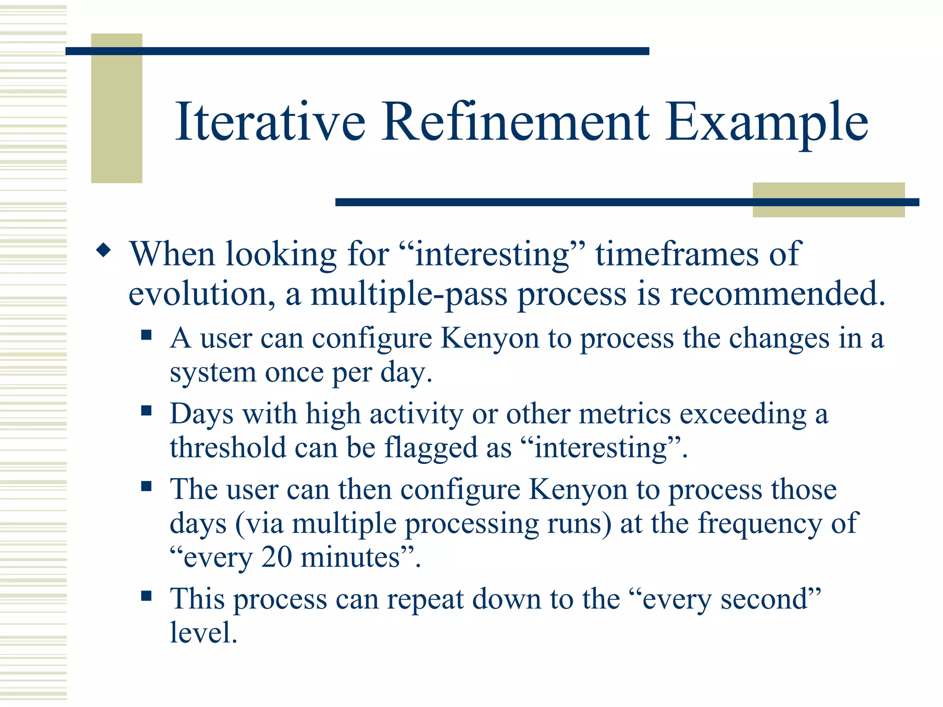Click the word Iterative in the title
pos(271,122)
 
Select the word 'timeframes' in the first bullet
pos(677,254)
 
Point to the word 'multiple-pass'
pos(409,295)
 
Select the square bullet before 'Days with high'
pos(146,410)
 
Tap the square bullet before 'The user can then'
pos(146,486)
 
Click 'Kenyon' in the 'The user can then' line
pos(578,489)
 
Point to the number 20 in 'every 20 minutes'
pos(276,557)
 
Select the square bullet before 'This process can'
pos(146,596)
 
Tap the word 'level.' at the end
pos(203,632)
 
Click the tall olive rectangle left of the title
pos(116,108)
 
